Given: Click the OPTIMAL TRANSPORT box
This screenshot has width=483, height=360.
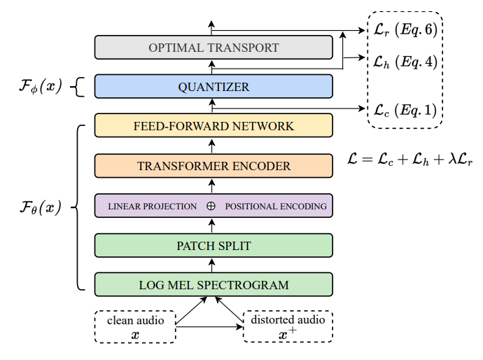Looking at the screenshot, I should pyautogui.click(x=213, y=48).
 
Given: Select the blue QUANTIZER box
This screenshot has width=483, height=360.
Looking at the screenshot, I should pyautogui.click(x=213, y=87).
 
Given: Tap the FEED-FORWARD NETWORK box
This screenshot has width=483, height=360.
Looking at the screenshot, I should pyautogui.click(x=213, y=126).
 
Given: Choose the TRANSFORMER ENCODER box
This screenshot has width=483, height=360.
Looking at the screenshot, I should pyautogui.click(x=213, y=167).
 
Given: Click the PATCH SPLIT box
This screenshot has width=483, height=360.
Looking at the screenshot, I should pyautogui.click(x=213, y=246).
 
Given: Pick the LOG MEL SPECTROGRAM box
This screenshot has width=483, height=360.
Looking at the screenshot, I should pyautogui.click(x=213, y=285).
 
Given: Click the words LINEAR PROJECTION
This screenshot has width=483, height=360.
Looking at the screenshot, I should pyautogui.click(x=153, y=207).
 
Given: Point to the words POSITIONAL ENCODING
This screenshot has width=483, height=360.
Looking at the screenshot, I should pyautogui.click(x=276, y=207).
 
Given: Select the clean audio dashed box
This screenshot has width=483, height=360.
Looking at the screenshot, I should pyautogui.click(x=136, y=326).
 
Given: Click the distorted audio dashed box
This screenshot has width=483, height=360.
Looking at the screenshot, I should pyautogui.click(x=288, y=326).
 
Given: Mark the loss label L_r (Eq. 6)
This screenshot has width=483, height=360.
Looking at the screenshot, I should pyautogui.click(x=402, y=30).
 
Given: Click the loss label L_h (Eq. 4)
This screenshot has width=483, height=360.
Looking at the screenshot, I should pyautogui.click(x=402, y=62).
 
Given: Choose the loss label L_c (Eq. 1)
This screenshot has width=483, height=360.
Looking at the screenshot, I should pyautogui.click(x=402, y=109).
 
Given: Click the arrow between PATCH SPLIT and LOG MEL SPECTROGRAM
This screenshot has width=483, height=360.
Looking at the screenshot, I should pyautogui.click(x=213, y=265).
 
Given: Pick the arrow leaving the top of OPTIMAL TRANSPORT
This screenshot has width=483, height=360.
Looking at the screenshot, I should pyautogui.click(x=213, y=27).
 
